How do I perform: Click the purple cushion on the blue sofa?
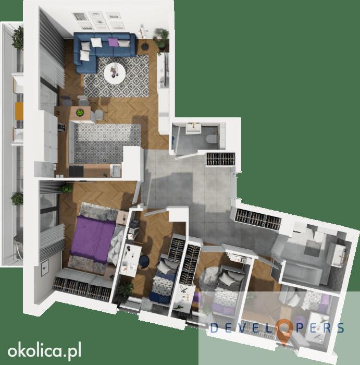coord(112,42)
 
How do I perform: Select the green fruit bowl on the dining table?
coord(80,113)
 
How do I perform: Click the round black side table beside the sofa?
coord(145,46)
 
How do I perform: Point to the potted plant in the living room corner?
coord(161,39)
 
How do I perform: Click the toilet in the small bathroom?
coord(211,139)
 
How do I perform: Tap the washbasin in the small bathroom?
coord(193,128)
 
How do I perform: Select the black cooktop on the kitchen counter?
coord(76,171)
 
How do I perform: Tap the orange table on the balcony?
coord(19,111)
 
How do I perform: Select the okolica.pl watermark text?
coord(44,351)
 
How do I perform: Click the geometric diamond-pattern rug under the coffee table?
coord(116,76)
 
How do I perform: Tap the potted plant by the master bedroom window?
coord(67,188)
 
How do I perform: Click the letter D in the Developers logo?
coord(214,328)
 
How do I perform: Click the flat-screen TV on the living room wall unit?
coord(166,70)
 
